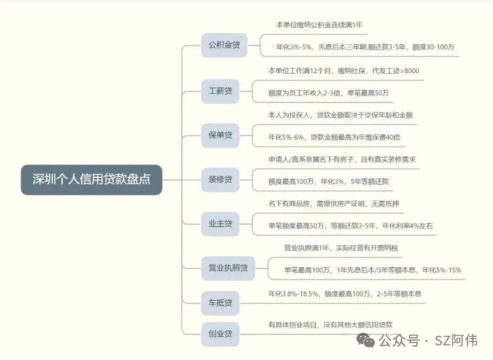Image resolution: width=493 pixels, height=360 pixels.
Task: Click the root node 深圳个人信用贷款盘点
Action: coord(91,180)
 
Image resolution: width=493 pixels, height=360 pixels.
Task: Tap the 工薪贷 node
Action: coord(220,90)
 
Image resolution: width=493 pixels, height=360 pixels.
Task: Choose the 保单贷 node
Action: coord(220,135)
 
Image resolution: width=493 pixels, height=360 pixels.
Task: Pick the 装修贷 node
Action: coord(220,180)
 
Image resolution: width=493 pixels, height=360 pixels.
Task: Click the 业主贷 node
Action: coord(220,224)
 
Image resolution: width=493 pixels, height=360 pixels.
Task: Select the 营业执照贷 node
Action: coord(228,268)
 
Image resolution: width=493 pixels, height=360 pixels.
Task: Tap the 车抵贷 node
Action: coord(220,303)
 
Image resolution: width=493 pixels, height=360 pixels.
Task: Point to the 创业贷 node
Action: coord(220,334)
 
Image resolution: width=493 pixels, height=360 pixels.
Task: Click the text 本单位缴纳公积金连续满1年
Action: coord(319,25)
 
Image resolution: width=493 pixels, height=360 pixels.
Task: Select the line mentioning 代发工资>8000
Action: coord(343,71)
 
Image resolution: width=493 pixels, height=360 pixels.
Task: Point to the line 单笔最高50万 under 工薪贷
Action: coord(329,93)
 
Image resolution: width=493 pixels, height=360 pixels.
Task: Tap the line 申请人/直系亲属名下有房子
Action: coord(342,159)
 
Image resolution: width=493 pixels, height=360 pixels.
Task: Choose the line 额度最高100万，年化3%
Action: coord(329,181)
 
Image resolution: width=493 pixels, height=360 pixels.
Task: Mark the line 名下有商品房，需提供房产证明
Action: coord(334,204)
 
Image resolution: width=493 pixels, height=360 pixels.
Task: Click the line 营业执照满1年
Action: coord(341,248)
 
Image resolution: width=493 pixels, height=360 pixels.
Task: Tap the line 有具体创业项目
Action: coord(330,325)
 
